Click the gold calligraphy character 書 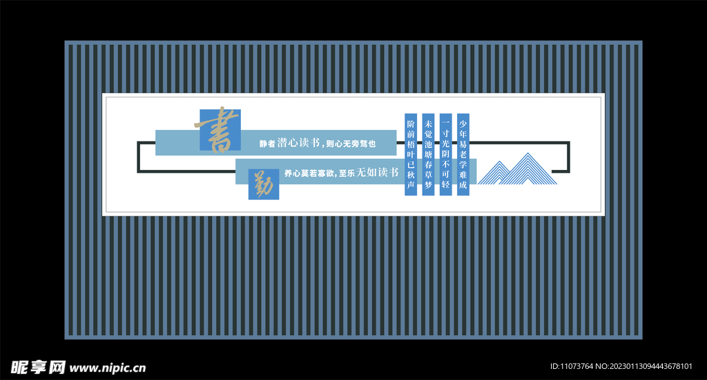click(x=218, y=129)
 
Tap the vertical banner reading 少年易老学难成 click(x=463, y=153)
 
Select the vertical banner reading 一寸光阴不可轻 click(x=445, y=153)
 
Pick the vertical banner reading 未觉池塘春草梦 click(x=428, y=153)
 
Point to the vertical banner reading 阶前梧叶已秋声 click(x=411, y=153)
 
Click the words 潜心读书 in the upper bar click(x=298, y=143)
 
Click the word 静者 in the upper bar click(x=267, y=144)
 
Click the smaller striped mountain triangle click(x=496, y=174)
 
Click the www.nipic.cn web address click(x=108, y=368)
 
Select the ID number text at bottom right click(x=625, y=366)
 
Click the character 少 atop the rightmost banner click(x=463, y=122)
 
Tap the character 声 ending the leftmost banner click(x=411, y=186)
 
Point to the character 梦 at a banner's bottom click(x=428, y=186)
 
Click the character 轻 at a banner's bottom click(x=445, y=186)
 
